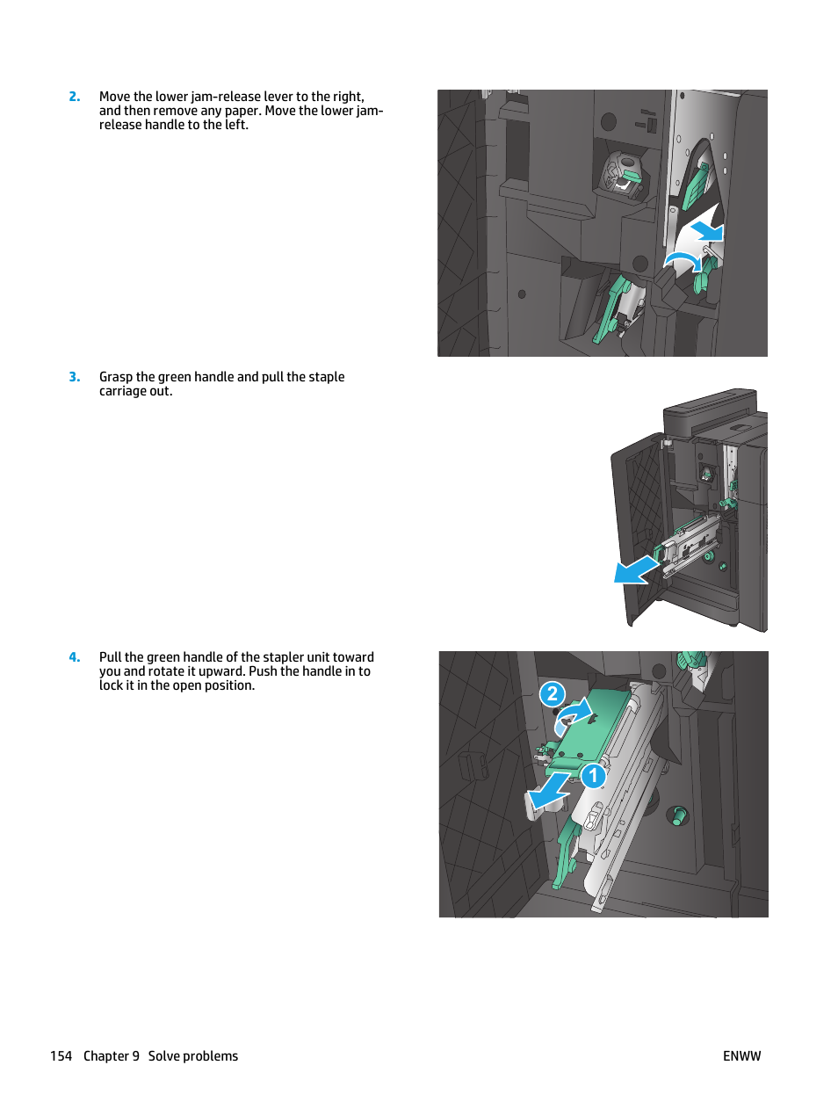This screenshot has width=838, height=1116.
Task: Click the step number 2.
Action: click(75, 97)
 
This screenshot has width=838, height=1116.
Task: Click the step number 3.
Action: click(75, 377)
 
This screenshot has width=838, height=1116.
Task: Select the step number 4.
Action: click(75, 657)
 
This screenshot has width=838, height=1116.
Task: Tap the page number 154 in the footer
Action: click(61, 1056)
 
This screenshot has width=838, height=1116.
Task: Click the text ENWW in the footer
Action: click(741, 1056)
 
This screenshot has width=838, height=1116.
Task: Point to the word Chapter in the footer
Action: click(105, 1056)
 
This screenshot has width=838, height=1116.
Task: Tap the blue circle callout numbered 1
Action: click(594, 776)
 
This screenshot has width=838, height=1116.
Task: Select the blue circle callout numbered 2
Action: click(552, 694)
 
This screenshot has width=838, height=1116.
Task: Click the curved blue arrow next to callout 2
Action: click(573, 714)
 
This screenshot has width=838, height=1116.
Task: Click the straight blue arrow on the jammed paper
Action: click(706, 232)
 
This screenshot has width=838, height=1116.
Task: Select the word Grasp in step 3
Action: click(116, 377)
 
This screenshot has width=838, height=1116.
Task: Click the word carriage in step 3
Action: click(122, 391)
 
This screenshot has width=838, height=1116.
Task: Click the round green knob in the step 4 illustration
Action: click(678, 815)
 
